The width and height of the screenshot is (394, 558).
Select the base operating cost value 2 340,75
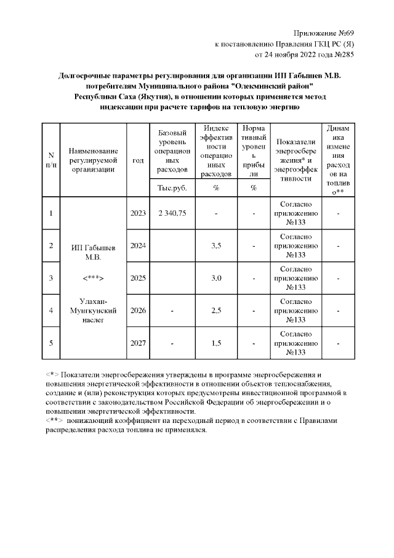click(x=172, y=213)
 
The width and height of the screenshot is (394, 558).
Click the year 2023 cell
click(x=138, y=213)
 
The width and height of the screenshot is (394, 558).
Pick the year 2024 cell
click(x=138, y=245)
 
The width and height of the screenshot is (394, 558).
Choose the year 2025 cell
click(x=138, y=278)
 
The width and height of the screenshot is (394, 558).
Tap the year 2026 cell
click(x=138, y=310)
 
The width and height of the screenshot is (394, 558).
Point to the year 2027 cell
click(x=138, y=343)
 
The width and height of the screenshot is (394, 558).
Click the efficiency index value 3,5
click(x=216, y=245)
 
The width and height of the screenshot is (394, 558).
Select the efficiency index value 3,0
click(x=216, y=278)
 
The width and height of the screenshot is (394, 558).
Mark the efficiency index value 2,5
click(x=216, y=310)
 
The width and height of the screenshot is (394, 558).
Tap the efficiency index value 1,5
click(x=216, y=343)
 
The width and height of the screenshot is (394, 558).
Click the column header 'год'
click(x=138, y=160)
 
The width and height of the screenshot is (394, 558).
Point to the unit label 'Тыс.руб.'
click(x=172, y=188)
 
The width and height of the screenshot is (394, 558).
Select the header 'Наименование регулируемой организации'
click(x=93, y=160)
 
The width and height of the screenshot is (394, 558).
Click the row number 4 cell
click(x=51, y=310)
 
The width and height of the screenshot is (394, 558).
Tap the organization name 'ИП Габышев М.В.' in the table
click(x=93, y=252)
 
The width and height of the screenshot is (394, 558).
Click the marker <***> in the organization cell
click(x=93, y=278)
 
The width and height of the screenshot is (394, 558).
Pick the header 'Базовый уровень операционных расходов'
click(x=172, y=151)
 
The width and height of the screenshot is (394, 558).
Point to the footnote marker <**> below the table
click(x=55, y=419)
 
